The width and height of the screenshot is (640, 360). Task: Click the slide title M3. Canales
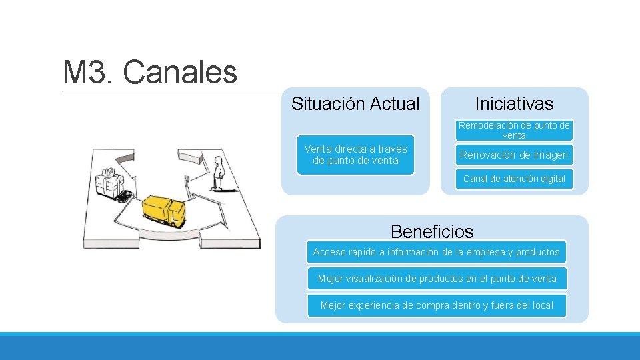coord(149,72)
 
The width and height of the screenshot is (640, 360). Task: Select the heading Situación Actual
coord(355,104)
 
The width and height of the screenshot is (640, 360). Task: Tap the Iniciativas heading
coord(514,104)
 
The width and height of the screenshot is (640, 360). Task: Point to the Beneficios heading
coord(432,232)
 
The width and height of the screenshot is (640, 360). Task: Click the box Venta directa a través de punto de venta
coord(355,155)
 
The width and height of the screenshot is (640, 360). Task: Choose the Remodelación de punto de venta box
coord(514,130)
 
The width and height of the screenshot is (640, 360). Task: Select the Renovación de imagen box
coord(514,155)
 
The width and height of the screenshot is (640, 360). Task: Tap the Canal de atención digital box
coord(514,179)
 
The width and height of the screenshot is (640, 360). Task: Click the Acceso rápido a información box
coord(437,252)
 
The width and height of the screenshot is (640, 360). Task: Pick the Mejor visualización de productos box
coord(437,279)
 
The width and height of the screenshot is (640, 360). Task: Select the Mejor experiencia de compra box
coord(437,305)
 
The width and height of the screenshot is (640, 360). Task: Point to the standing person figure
coord(217,173)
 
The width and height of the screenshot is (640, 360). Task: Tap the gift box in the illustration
coord(111,182)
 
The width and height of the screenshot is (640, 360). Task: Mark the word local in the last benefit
coord(543,305)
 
